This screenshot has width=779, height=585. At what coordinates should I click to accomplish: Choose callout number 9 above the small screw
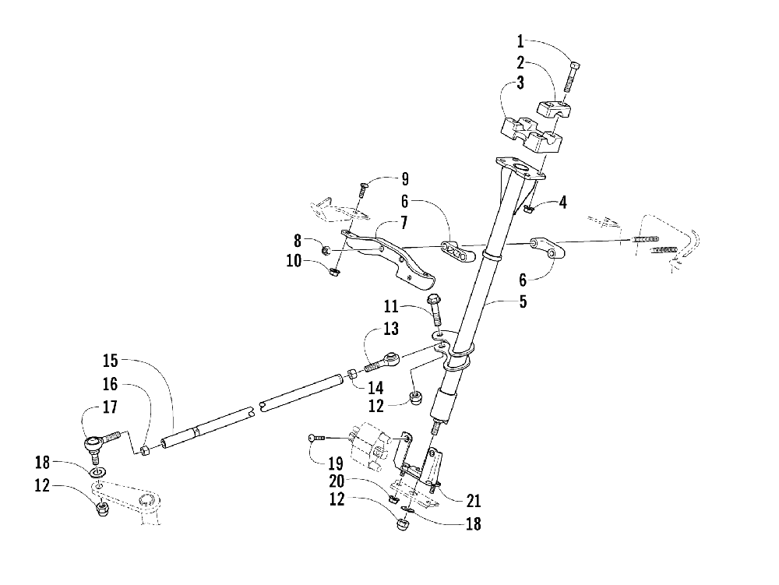[x=404, y=178]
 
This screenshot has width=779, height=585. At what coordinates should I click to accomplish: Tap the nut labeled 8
[x=326, y=250]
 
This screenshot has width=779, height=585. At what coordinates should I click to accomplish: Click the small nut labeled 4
[x=530, y=208]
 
